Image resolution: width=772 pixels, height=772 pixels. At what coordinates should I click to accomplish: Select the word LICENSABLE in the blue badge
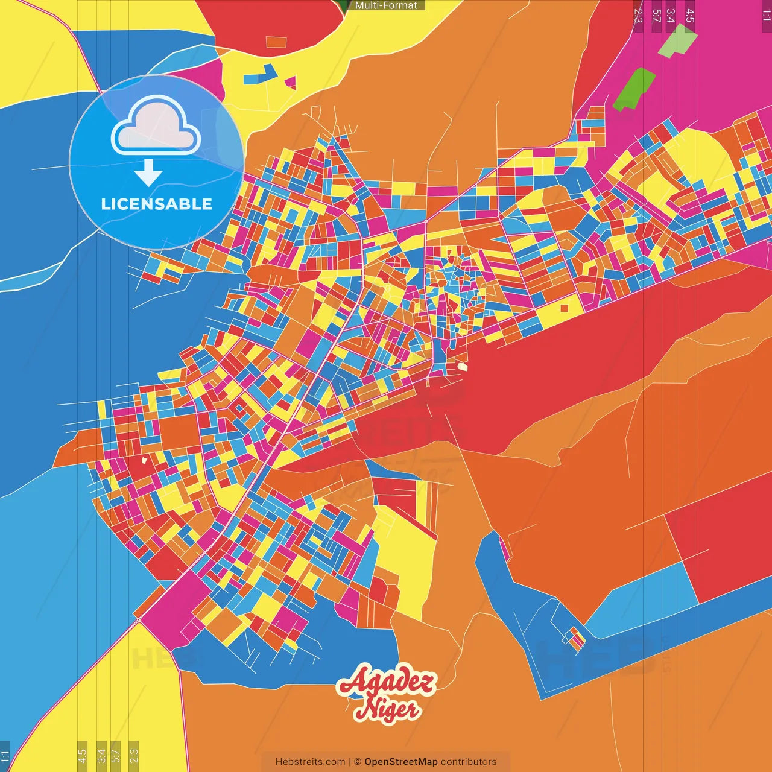[157, 204]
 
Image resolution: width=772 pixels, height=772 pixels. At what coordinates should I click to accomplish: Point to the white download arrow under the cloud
[148, 172]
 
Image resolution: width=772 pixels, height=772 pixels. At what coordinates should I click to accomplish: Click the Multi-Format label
[386, 5]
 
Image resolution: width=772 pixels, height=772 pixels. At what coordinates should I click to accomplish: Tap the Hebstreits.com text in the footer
[310, 762]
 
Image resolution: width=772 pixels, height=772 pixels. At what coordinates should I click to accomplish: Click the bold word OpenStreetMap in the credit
[401, 762]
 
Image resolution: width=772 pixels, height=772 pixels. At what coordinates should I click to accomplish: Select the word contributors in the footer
[469, 762]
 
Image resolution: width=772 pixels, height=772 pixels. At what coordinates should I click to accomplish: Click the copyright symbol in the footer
[357, 762]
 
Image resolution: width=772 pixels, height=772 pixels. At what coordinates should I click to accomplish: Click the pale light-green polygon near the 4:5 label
[678, 41]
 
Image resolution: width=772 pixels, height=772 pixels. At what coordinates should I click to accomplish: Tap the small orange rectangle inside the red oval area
[276, 42]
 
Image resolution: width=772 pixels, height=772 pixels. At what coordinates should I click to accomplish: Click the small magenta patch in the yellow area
[291, 82]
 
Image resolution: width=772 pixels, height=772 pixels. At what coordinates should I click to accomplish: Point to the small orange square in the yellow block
[564, 308]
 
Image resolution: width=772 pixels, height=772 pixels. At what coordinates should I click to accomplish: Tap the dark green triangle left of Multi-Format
[344, 5]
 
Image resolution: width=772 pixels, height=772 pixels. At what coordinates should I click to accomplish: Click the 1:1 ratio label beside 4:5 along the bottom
[5, 756]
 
